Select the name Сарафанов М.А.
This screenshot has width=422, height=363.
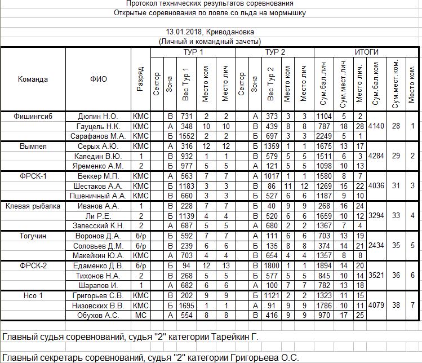click(98, 136)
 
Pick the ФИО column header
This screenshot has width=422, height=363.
click(98, 79)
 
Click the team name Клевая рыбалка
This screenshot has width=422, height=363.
click(33, 206)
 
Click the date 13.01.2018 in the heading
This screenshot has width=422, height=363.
click(187, 32)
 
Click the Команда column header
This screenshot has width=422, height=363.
click(33, 79)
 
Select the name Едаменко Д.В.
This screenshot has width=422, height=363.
click(98, 265)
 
